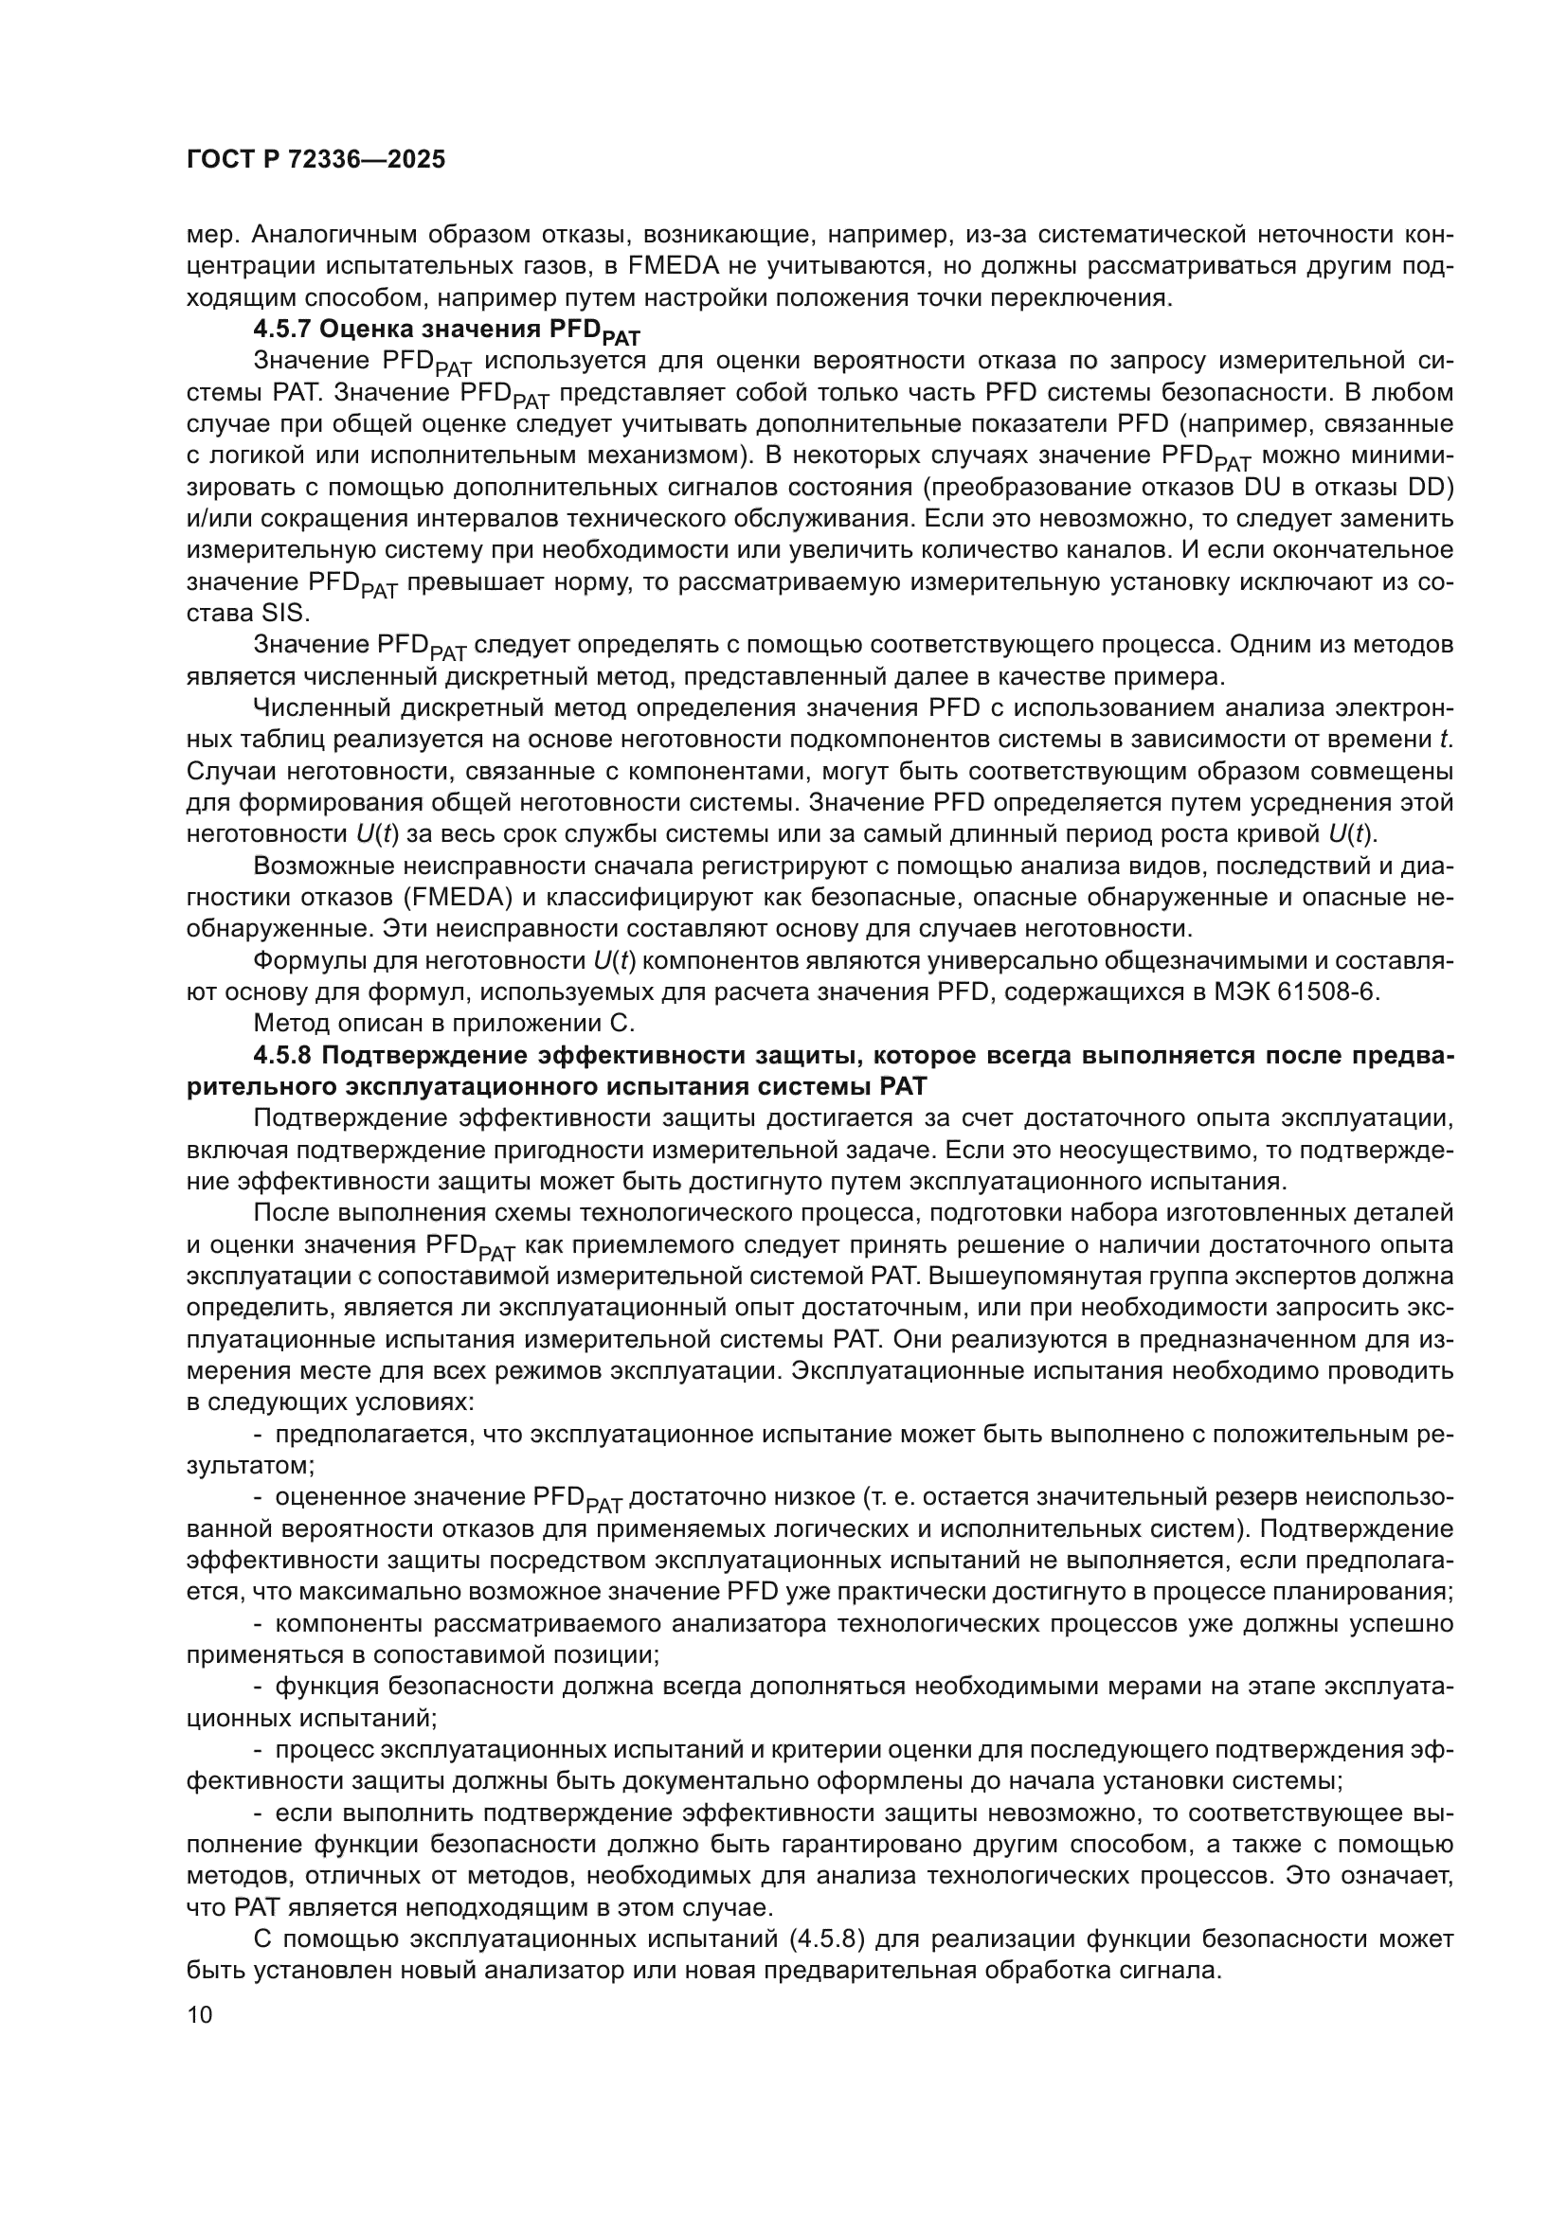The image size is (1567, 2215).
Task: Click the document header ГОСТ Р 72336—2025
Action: [315, 160]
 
